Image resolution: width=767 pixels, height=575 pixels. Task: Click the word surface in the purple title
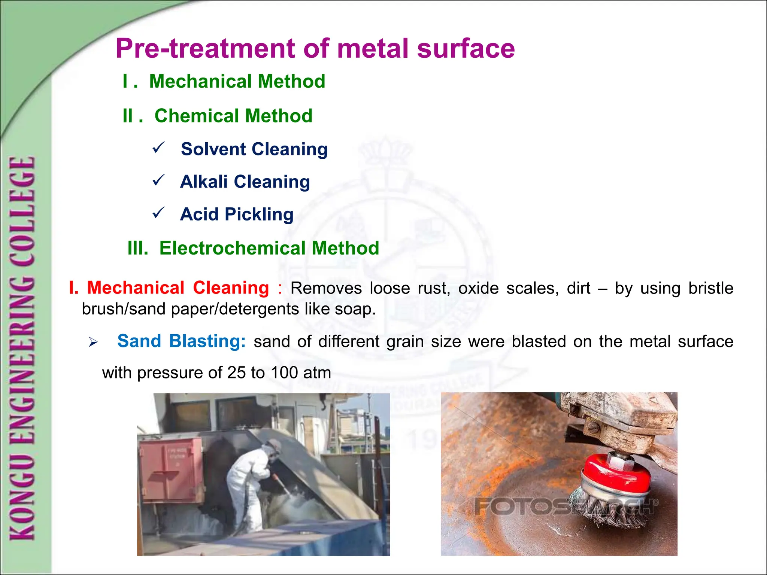pos(466,49)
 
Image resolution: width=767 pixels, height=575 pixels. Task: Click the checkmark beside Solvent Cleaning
pos(158,147)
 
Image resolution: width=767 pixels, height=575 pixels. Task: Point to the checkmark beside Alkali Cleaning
pos(158,180)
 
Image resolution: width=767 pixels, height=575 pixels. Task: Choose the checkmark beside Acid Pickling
pos(158,213)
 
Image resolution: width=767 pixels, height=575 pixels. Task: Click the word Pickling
pos(259,215)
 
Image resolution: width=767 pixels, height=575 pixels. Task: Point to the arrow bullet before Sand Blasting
pos(93,342)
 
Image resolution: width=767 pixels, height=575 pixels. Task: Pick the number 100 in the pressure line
pos(284,373)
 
